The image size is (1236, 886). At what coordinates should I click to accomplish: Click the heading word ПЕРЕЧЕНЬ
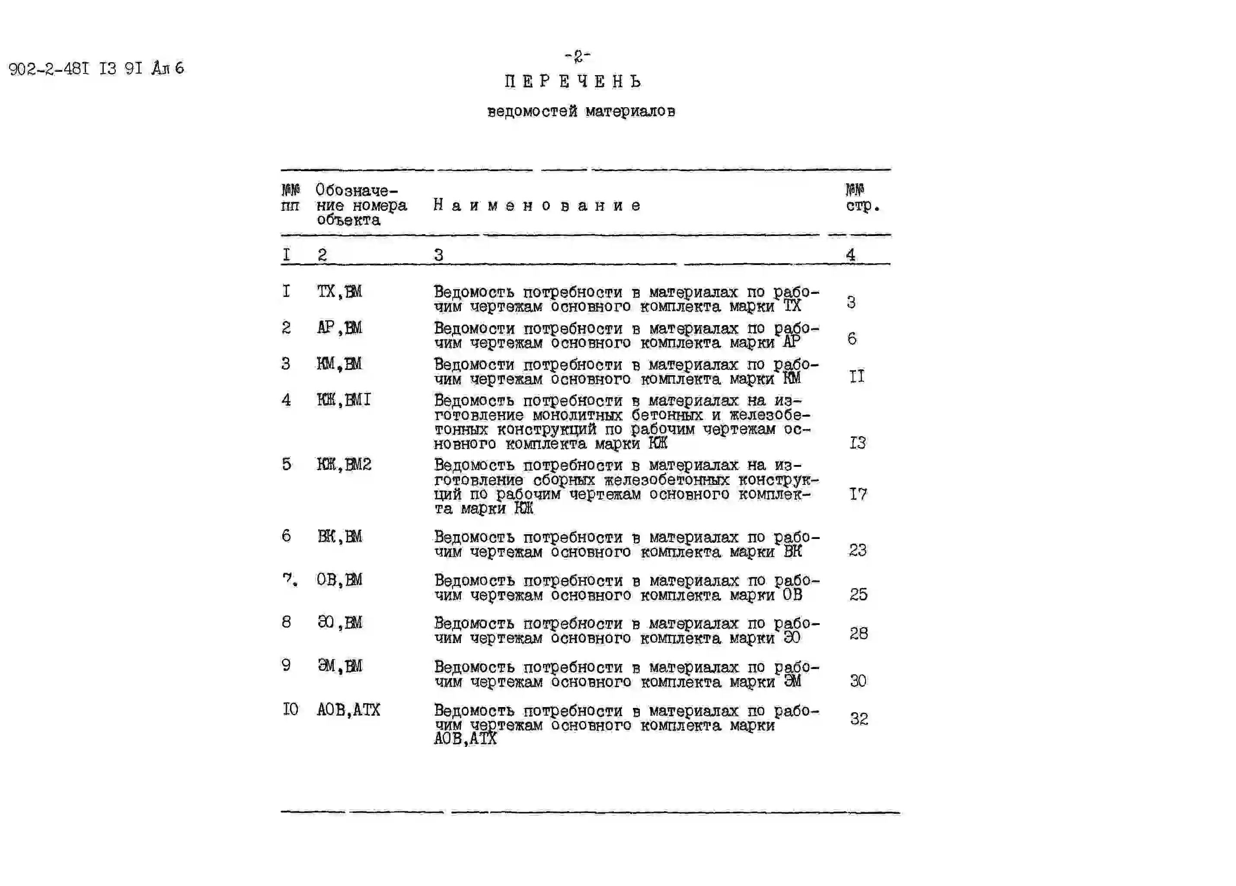(573, 82)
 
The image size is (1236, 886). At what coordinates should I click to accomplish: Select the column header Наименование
(537, 205)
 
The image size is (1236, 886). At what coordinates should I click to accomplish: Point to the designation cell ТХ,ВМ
(339, 292)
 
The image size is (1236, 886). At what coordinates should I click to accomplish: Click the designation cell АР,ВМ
(339, 328)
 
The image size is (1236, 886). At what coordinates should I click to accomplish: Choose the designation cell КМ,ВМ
(339, 364)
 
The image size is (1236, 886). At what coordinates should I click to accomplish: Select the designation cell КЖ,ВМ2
(344, 465)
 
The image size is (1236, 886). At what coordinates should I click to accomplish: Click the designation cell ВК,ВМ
(339, 537)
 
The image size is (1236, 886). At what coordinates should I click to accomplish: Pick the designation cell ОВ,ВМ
(339, 580)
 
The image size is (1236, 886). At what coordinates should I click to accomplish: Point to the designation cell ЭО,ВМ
(339, 622)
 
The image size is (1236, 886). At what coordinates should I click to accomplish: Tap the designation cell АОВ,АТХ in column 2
(348, 710)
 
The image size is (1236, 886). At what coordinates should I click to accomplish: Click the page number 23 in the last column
(858, 550)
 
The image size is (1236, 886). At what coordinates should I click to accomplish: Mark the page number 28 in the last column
(858, 634)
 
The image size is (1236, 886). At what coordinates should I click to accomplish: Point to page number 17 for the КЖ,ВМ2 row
(858, 494)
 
